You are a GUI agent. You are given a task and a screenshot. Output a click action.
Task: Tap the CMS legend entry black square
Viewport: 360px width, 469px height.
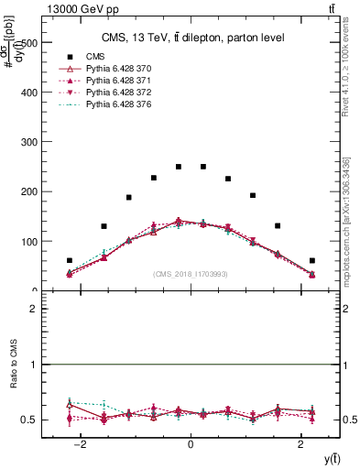click(x=68, y=58)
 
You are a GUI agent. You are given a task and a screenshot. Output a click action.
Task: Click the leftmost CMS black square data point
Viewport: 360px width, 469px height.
click(x=70, y=261)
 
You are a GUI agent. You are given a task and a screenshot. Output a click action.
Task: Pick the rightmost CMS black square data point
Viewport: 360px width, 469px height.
click(x=312, y=261)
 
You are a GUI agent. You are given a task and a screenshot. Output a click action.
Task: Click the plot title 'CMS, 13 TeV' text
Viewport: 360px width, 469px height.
click(x=192, y=38)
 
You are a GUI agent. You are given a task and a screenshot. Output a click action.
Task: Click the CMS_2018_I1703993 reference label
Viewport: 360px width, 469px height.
click(x=191, y=274)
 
